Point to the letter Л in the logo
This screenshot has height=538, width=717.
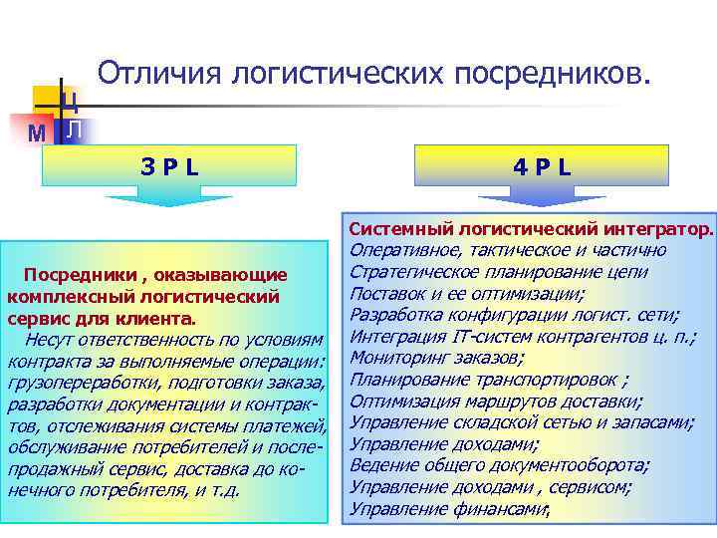tap(75, 129)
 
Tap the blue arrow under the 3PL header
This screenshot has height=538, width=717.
tap(168, 199)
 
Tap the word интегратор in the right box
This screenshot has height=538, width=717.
tap(651, 229)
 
